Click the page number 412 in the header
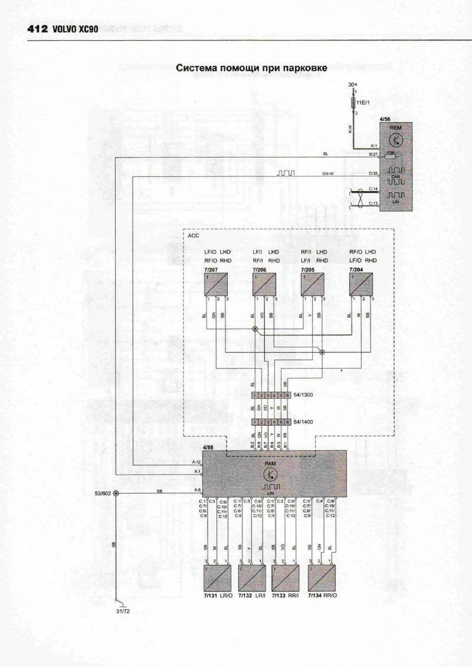[x=37, y=28]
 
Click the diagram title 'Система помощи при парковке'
[x=251, y=68]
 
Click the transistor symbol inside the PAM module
[x=271, y=474]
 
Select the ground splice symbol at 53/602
[x=116, y=492]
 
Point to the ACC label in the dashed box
[x=194, y=235]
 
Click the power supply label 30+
[x=353, y=85]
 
